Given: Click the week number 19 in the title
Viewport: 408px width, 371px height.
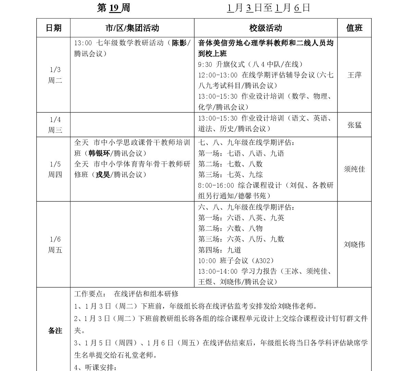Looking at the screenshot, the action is point(115,8).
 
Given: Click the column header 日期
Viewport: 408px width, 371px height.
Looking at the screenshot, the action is point(53,28).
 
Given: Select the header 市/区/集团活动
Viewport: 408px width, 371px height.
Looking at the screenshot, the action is point(132,28).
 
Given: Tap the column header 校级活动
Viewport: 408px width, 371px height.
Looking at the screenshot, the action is point(265,28).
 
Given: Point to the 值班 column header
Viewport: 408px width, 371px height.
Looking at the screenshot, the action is point(354,28).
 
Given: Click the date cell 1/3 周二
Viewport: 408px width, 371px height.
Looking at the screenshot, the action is point(55,75).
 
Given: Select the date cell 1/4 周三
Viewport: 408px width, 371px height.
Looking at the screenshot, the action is point(55,125).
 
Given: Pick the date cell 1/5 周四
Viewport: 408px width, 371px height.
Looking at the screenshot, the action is point(55,169).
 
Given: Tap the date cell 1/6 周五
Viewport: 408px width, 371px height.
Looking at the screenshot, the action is point(55,245).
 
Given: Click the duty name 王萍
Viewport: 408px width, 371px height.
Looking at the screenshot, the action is point(354,75).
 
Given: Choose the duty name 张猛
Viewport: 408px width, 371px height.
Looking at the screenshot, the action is point(354,125).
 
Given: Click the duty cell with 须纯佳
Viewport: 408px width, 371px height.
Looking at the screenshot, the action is point(354,169).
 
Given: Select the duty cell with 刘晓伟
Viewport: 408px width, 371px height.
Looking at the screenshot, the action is point(354,245).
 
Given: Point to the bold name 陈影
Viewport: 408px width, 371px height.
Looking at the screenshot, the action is point(179,43).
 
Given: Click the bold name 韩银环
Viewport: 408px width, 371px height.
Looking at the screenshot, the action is point(99,153).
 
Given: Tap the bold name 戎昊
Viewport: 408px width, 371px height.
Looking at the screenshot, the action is point(103,175).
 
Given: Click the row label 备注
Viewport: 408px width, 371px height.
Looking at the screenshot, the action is point(55,331).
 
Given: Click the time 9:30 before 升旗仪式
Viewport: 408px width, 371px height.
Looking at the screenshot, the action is point(205,64).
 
